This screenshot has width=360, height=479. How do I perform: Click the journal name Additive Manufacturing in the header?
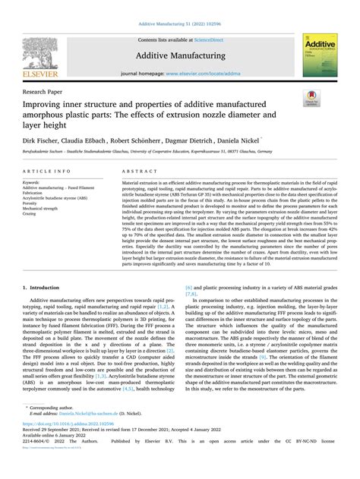tap(179, 57)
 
